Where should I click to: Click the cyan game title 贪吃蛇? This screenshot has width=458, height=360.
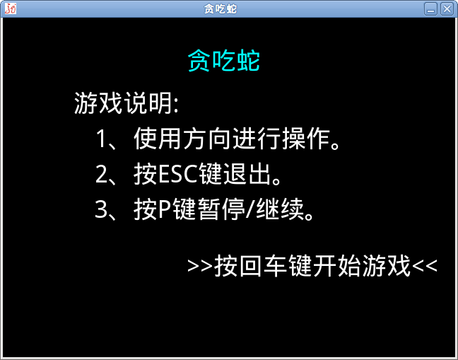coord(224,61)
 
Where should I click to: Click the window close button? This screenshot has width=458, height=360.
coord(447,9)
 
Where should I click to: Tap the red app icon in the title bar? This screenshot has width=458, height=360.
coord(10,8)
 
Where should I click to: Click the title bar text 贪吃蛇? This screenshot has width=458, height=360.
coord(221,9)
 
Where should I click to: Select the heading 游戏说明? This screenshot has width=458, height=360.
coord(127,103)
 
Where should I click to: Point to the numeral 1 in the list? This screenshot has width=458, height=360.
coord(101,139)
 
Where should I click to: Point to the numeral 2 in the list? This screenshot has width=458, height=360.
coord(101,174)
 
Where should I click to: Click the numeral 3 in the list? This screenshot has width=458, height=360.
coord(101,209)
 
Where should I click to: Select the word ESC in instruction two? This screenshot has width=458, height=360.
coord(177,174)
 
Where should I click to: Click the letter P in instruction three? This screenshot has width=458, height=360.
coord(165,209)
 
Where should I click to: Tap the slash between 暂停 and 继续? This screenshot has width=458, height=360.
coord(250,209)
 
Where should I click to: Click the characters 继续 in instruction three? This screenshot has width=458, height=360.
coord(280,209)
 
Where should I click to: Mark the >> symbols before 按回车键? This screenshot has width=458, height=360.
coord(200,266)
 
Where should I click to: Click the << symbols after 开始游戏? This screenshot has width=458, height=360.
coord(425,266)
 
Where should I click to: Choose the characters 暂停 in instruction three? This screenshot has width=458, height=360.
coord(221,209)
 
